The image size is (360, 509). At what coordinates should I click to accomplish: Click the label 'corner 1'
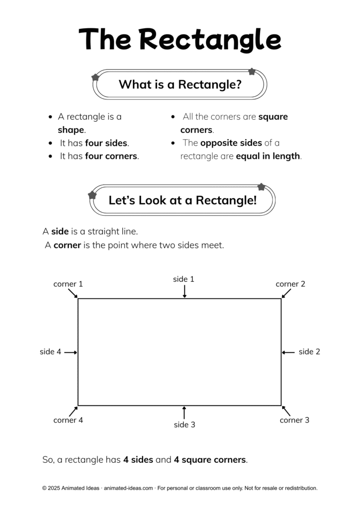(x=68, y=284)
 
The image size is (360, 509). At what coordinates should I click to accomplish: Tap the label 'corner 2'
(x=290, y=284)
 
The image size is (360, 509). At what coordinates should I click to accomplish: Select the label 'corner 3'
(x=294, y=420)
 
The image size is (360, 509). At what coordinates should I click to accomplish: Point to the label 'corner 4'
(x=68, y=420)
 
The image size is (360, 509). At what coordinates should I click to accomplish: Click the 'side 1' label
(x=183, y=279)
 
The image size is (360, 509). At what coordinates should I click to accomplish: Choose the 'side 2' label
(x=309, y=352)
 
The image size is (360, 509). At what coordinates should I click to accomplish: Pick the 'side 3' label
(x=184, y=424)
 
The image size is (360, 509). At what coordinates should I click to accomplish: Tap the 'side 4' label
(x=50, y=352)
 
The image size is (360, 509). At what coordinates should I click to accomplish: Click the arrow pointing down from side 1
(x=184, y=292)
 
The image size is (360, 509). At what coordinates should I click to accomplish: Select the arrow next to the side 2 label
(x=288, y=352)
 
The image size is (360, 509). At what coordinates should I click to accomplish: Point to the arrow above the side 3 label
(x=184, y=412)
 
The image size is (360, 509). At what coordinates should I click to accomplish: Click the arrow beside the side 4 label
(x=71, y=352)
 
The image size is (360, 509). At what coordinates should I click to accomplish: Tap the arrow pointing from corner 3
(x=286, y=411)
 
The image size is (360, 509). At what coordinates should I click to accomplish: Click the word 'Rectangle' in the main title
(x=210, y=39)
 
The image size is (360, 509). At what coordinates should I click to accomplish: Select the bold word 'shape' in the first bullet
(x=71, y=130)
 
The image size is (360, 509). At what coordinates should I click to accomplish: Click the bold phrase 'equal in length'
(x=268, y=156)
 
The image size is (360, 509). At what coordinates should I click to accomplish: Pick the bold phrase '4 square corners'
(x=210, y=460)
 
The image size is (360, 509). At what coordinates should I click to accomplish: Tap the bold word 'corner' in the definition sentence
(x=67, y=245)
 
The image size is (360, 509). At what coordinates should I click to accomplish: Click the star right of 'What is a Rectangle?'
(x=252, y=72)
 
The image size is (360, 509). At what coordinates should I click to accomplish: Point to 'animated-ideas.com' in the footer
(x=128, y=488)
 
